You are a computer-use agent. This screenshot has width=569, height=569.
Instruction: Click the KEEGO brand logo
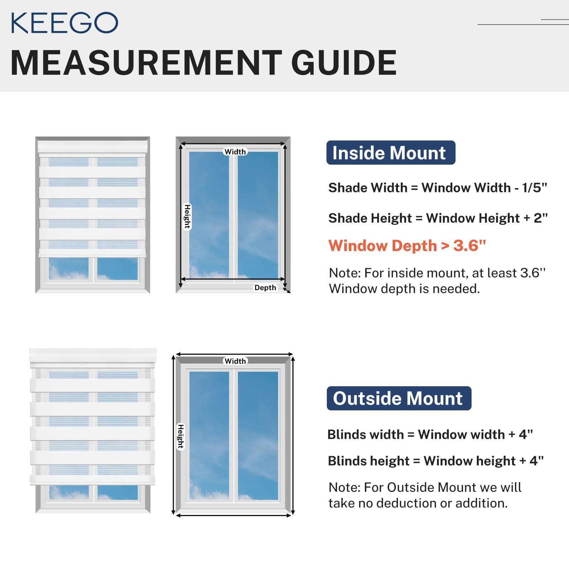[x=64, y=23]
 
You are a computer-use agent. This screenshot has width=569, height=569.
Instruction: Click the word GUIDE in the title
[x=344, y=63]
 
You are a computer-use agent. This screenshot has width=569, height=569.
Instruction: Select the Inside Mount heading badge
[x=391, y=153]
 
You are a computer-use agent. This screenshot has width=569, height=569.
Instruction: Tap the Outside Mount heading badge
[x=399, y=398]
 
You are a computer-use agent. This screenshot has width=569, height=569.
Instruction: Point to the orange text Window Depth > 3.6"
[x=407, y=245]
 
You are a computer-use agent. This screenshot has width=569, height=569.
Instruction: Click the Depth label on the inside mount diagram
[x=265, y=288]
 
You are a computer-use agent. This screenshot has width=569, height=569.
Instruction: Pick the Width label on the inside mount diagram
[x=235, y=152]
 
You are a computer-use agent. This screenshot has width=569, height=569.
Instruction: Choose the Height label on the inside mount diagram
[x=187, y=217]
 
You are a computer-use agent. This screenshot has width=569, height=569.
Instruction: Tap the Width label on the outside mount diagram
[x=235, y=361]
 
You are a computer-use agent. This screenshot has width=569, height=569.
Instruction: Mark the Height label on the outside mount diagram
[x=181, y=436]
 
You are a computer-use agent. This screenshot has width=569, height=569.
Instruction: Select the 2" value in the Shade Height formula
[x=541, y=218]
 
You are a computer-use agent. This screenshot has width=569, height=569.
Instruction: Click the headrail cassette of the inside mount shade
[x=93, y=148]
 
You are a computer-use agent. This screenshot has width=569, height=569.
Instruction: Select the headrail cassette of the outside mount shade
[x=93, y=358]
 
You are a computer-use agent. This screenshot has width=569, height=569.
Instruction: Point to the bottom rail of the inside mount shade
[x=92, y=253]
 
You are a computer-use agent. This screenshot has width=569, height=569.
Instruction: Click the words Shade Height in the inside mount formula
[x=370, y=218]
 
